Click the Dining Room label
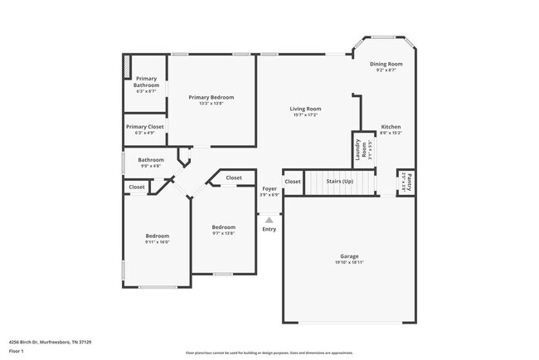(x=386, y=64)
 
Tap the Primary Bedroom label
(x=211, y=97)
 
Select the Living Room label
(x=305, y=109)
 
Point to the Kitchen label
(x=391, y=127)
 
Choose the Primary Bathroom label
(x=146, y=81)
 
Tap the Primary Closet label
(x=144, y=126)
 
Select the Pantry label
(x=408, y=181)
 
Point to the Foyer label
(x=269, y=189)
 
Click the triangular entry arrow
(x=269, y=220)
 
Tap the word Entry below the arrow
(x=269, y=229)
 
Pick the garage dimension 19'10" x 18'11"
(x=349, y=262)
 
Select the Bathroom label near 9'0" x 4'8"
(x=151, y=159)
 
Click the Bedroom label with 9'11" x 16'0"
(x=157, y=236)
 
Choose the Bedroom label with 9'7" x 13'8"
(x=223, y=226)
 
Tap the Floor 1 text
(x=17, y=351)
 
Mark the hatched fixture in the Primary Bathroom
(x=128, y=66)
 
